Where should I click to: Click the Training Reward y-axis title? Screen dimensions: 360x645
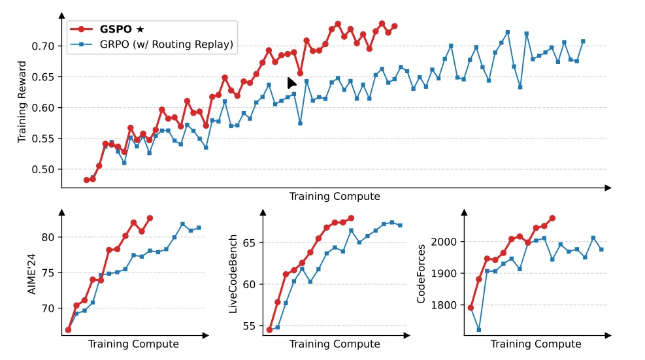click(22, 102)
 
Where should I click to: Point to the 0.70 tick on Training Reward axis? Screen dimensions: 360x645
click(45, 46)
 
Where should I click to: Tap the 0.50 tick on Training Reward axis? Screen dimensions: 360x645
click(45, 170)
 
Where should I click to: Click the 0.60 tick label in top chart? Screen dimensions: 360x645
click(45, 108)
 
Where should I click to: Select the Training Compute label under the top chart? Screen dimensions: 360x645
click(334, 196)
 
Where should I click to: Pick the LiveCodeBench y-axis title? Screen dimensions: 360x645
click(233, 272)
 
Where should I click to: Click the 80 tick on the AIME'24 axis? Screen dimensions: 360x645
click(50, 237)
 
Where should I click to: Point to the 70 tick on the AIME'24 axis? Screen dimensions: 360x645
click(50, 308)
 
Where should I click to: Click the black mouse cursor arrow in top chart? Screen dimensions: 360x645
click(291, 83)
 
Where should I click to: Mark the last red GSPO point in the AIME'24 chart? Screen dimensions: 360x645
click(150, 218)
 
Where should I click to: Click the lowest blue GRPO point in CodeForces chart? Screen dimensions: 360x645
click(478, 330)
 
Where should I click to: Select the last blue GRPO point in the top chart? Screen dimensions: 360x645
click(583, 42)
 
